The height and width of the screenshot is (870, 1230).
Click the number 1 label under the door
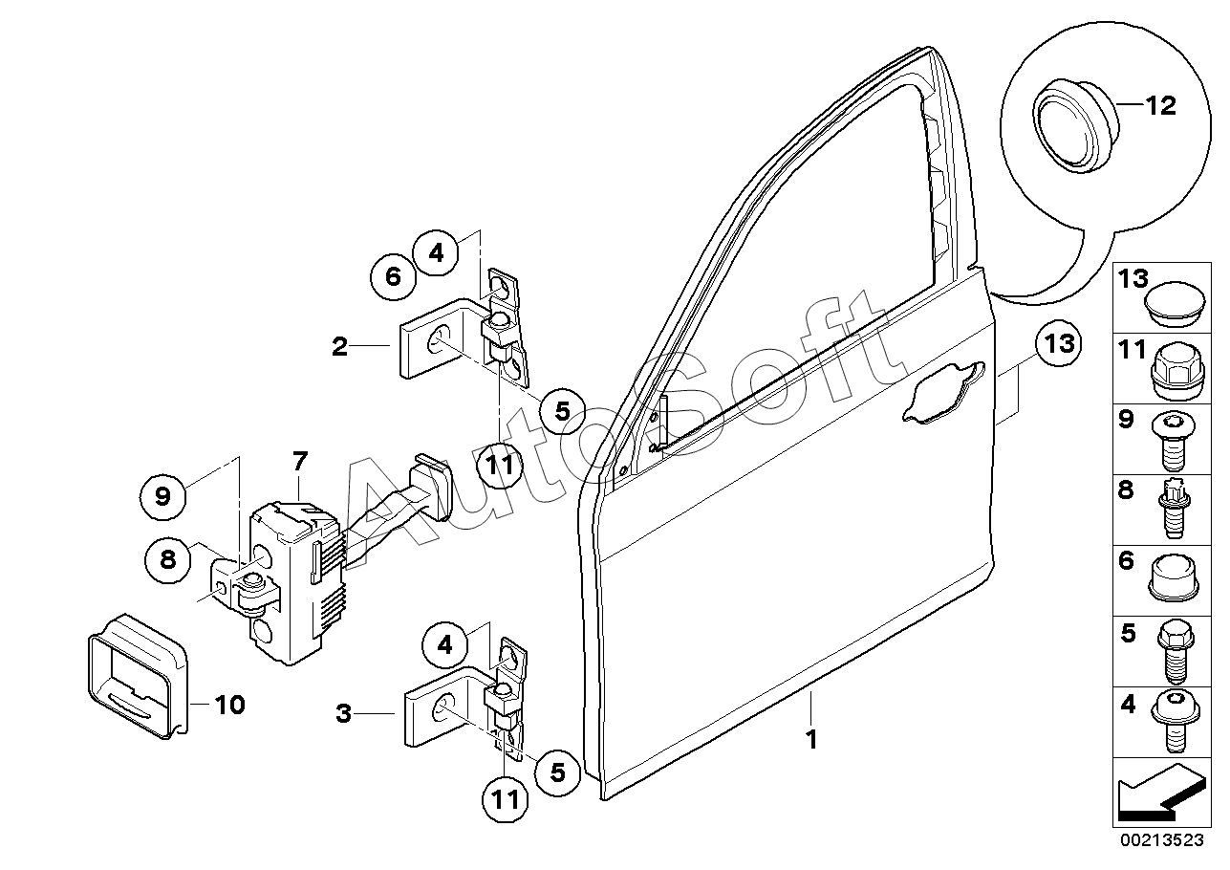click(x=811, y=739)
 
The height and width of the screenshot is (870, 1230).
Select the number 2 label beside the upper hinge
click(x=340, y=347)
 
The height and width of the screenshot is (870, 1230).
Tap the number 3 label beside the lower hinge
click(x=343, y=713)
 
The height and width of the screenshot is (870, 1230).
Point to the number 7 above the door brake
click(x=300, y=462)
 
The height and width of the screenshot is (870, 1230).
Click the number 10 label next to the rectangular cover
click(x=229, y=705)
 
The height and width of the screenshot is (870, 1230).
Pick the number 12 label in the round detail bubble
click(x=1159, y=105)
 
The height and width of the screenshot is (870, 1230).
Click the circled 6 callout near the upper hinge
click(x=393, y=277)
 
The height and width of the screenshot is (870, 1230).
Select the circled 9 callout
click(x=163, y=496)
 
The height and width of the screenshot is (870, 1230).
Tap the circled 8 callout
click(x=167, y=560)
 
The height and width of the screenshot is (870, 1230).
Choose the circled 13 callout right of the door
click(x=1059, y=344)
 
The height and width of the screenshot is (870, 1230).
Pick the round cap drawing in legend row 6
click(x=1174, y=577)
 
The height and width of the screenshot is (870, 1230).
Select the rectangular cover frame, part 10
click(x=138, y=676)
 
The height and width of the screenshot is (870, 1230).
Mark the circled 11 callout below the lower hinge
click(x=506, y=799)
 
